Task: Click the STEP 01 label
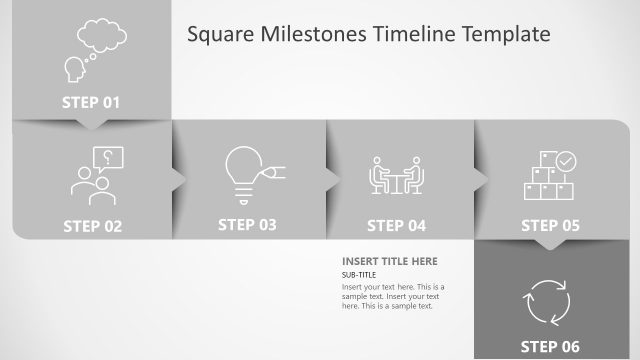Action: pos(91,101)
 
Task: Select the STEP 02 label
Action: pos(92,226)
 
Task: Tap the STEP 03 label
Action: pos(247,225)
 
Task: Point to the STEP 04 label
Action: pos(396,226)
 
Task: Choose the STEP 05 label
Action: pos(550,226)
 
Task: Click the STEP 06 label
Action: pos(550,346)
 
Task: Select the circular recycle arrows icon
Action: pos(547,299)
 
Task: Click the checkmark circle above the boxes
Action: pos(566,159)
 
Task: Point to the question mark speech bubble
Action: pos(107,157)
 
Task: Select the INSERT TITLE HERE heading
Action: pos(390,262)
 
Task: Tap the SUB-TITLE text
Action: pos(358,275)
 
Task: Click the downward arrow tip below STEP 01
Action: pos(92,126)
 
